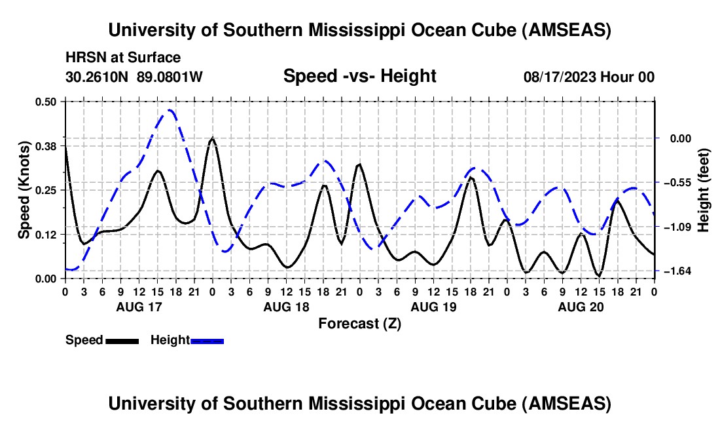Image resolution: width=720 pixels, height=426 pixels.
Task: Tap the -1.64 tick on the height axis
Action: pyautogui.click(x=674, y=271)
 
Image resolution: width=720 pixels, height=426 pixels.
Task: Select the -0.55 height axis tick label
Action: pyautogui.click(x=674, y=182)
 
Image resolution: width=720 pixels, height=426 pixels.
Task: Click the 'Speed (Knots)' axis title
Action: pyautogui.click(x=24, y=190)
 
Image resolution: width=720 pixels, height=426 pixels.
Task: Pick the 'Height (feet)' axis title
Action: pyautogui.click(x=704, y=190)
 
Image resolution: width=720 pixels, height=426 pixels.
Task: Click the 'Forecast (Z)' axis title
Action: pyautogui.click(x=359, y=323)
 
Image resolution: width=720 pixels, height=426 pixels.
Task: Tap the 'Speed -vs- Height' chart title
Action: pyautogui.click(x=359, y=76)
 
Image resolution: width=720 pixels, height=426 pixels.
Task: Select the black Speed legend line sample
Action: pyautogui.click(x=122, y=340)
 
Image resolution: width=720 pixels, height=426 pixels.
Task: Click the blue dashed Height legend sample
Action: pyautogui.click(x=207, y=340)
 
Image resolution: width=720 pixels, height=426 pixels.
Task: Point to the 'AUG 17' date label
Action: pyautogui.click(x=139, y=307)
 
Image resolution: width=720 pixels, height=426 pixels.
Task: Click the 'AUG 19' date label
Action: pyautogui.click(x=433, y=307)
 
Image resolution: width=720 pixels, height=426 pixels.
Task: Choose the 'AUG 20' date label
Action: pyautogui.click(x=581, y=307)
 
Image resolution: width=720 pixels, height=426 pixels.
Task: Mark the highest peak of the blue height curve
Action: pyautogui.click(x=170, y=110)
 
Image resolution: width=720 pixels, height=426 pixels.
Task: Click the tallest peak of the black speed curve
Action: pyautogui.click(x=212, y=138)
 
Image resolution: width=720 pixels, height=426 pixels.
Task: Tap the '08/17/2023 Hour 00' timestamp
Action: pyautogui.click(x=588, y=77)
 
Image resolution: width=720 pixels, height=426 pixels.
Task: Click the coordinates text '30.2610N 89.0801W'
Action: pyautogui.click(x=134, y=77)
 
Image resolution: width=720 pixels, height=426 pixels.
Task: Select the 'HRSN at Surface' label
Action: pyautogui.click(x=123, y=58)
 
